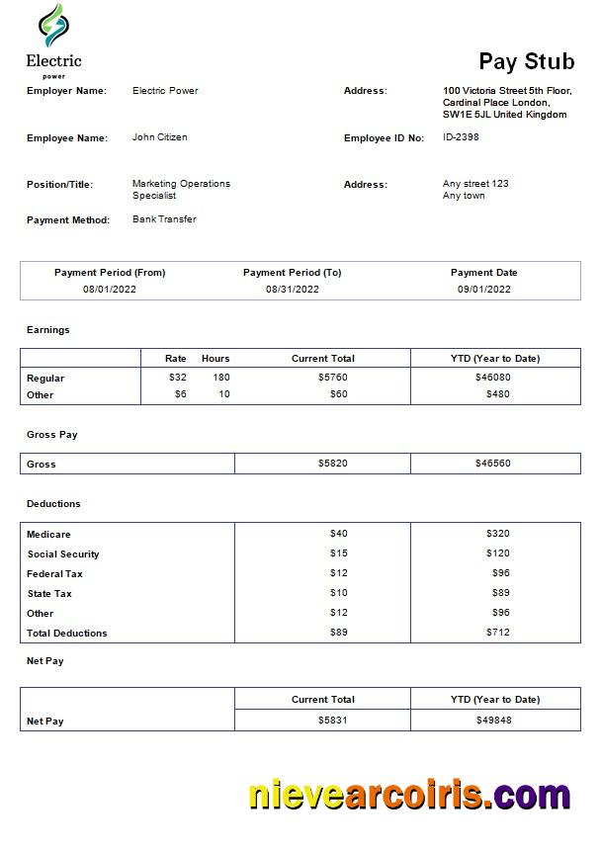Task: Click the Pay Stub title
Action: (526, 62)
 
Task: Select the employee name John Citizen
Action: (159, 137)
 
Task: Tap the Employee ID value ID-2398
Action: (461, 137)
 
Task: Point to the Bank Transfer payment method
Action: (164, 219)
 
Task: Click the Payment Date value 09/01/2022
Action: (483, 290)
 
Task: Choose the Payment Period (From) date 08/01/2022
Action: (110, 290)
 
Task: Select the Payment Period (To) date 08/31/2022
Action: (292, 290)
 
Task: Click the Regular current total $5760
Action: (332, 378)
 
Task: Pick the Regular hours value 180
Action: (220, 378)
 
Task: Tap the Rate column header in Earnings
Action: (176, 358)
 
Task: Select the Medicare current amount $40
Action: (338, 534)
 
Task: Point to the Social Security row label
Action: (63, 554)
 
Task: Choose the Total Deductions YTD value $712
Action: (497, 633)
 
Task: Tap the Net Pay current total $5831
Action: (332, 721)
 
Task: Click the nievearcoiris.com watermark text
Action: (408, 795)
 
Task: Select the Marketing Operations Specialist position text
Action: (180, 190)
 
